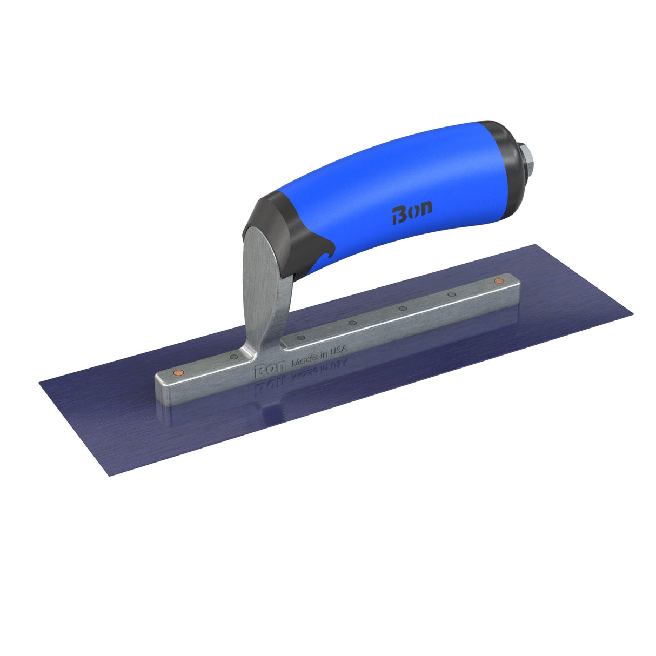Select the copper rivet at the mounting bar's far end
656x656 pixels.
tap(498, 281)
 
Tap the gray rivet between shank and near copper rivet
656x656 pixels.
tap(233, 357)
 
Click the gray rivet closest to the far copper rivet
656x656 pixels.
tap(451, 294)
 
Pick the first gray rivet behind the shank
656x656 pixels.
tap(301, 338)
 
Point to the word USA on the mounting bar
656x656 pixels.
tap(338, 351)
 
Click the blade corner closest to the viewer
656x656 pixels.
tap(110, 476)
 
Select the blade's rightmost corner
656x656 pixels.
tap(631, 315)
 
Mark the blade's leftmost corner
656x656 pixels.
tap(40, 383)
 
